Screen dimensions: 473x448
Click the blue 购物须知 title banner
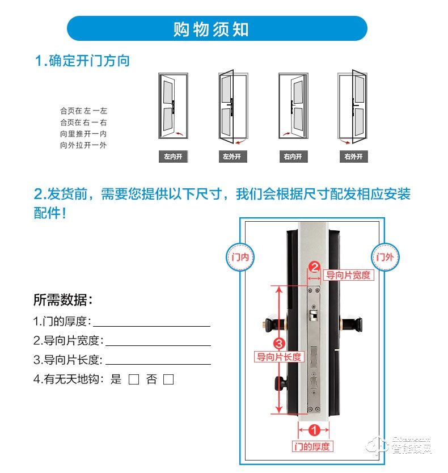[217, 28]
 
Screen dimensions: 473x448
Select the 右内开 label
[293, 157]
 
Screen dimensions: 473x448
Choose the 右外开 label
[353, 157]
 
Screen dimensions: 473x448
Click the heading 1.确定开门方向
[83, 61]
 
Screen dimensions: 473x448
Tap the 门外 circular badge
[384, 256]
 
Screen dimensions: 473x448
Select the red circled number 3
[278, 344]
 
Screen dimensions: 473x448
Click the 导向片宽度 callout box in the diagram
[348, 275]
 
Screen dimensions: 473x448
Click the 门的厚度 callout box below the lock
[311, 446]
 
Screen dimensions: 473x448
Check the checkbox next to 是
[134, 380]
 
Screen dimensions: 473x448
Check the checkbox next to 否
[168, 380]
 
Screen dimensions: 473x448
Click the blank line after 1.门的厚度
[151, 322]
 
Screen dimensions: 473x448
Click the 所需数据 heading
[63, 299]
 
